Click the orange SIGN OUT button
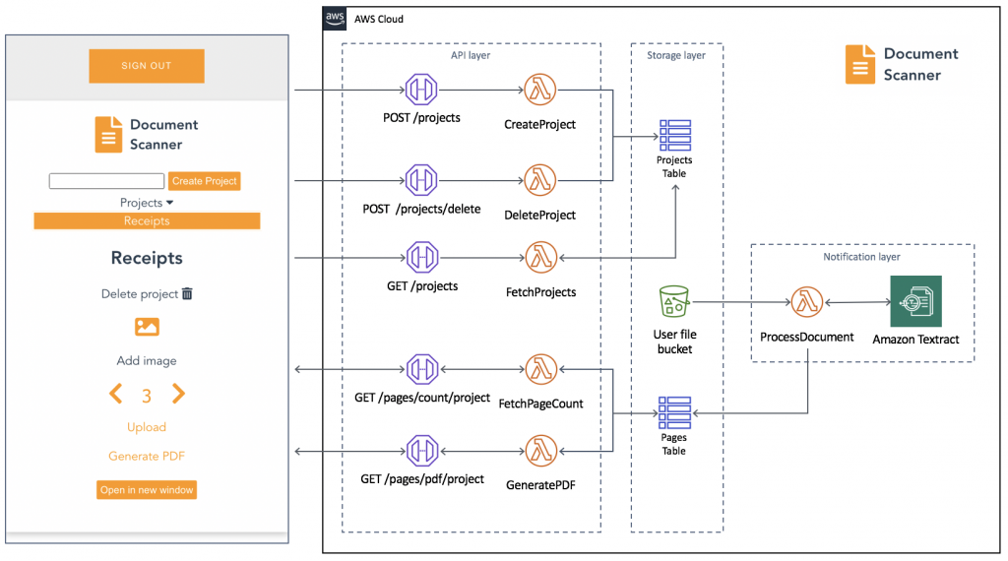tap(147, 66)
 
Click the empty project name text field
tap(106, 181)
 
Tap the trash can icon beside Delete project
tap(187, 293)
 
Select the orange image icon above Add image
tap(147, 327)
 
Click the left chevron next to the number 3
tap(115, 395)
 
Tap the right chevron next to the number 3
tap(178, 395)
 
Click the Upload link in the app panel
tap(147, 427)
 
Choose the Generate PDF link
tap(147, 456)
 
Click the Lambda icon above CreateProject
tap(539, 91)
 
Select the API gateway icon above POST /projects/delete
tap(421, 180)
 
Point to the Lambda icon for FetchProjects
tap(539, 257)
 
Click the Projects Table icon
tap(674, 135)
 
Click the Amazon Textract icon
tap(915, 301)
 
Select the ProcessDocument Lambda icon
tap(806, 303)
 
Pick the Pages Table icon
tap(674, 410)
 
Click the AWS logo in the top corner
tap(336, 19)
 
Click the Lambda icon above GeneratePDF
tap(539, 450)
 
